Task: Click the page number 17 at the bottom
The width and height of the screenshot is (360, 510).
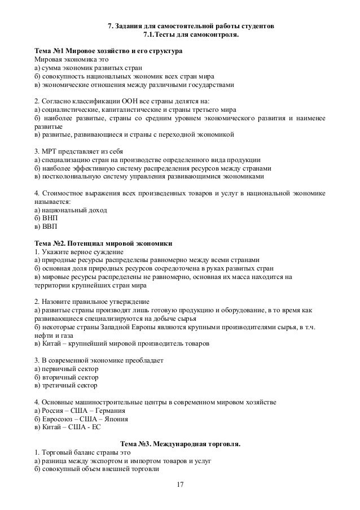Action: tap(181, 485)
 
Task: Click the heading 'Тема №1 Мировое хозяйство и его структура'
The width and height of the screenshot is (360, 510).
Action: tap(108, 51)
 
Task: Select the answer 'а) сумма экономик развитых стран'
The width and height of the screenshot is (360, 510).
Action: tap(84, 68)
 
